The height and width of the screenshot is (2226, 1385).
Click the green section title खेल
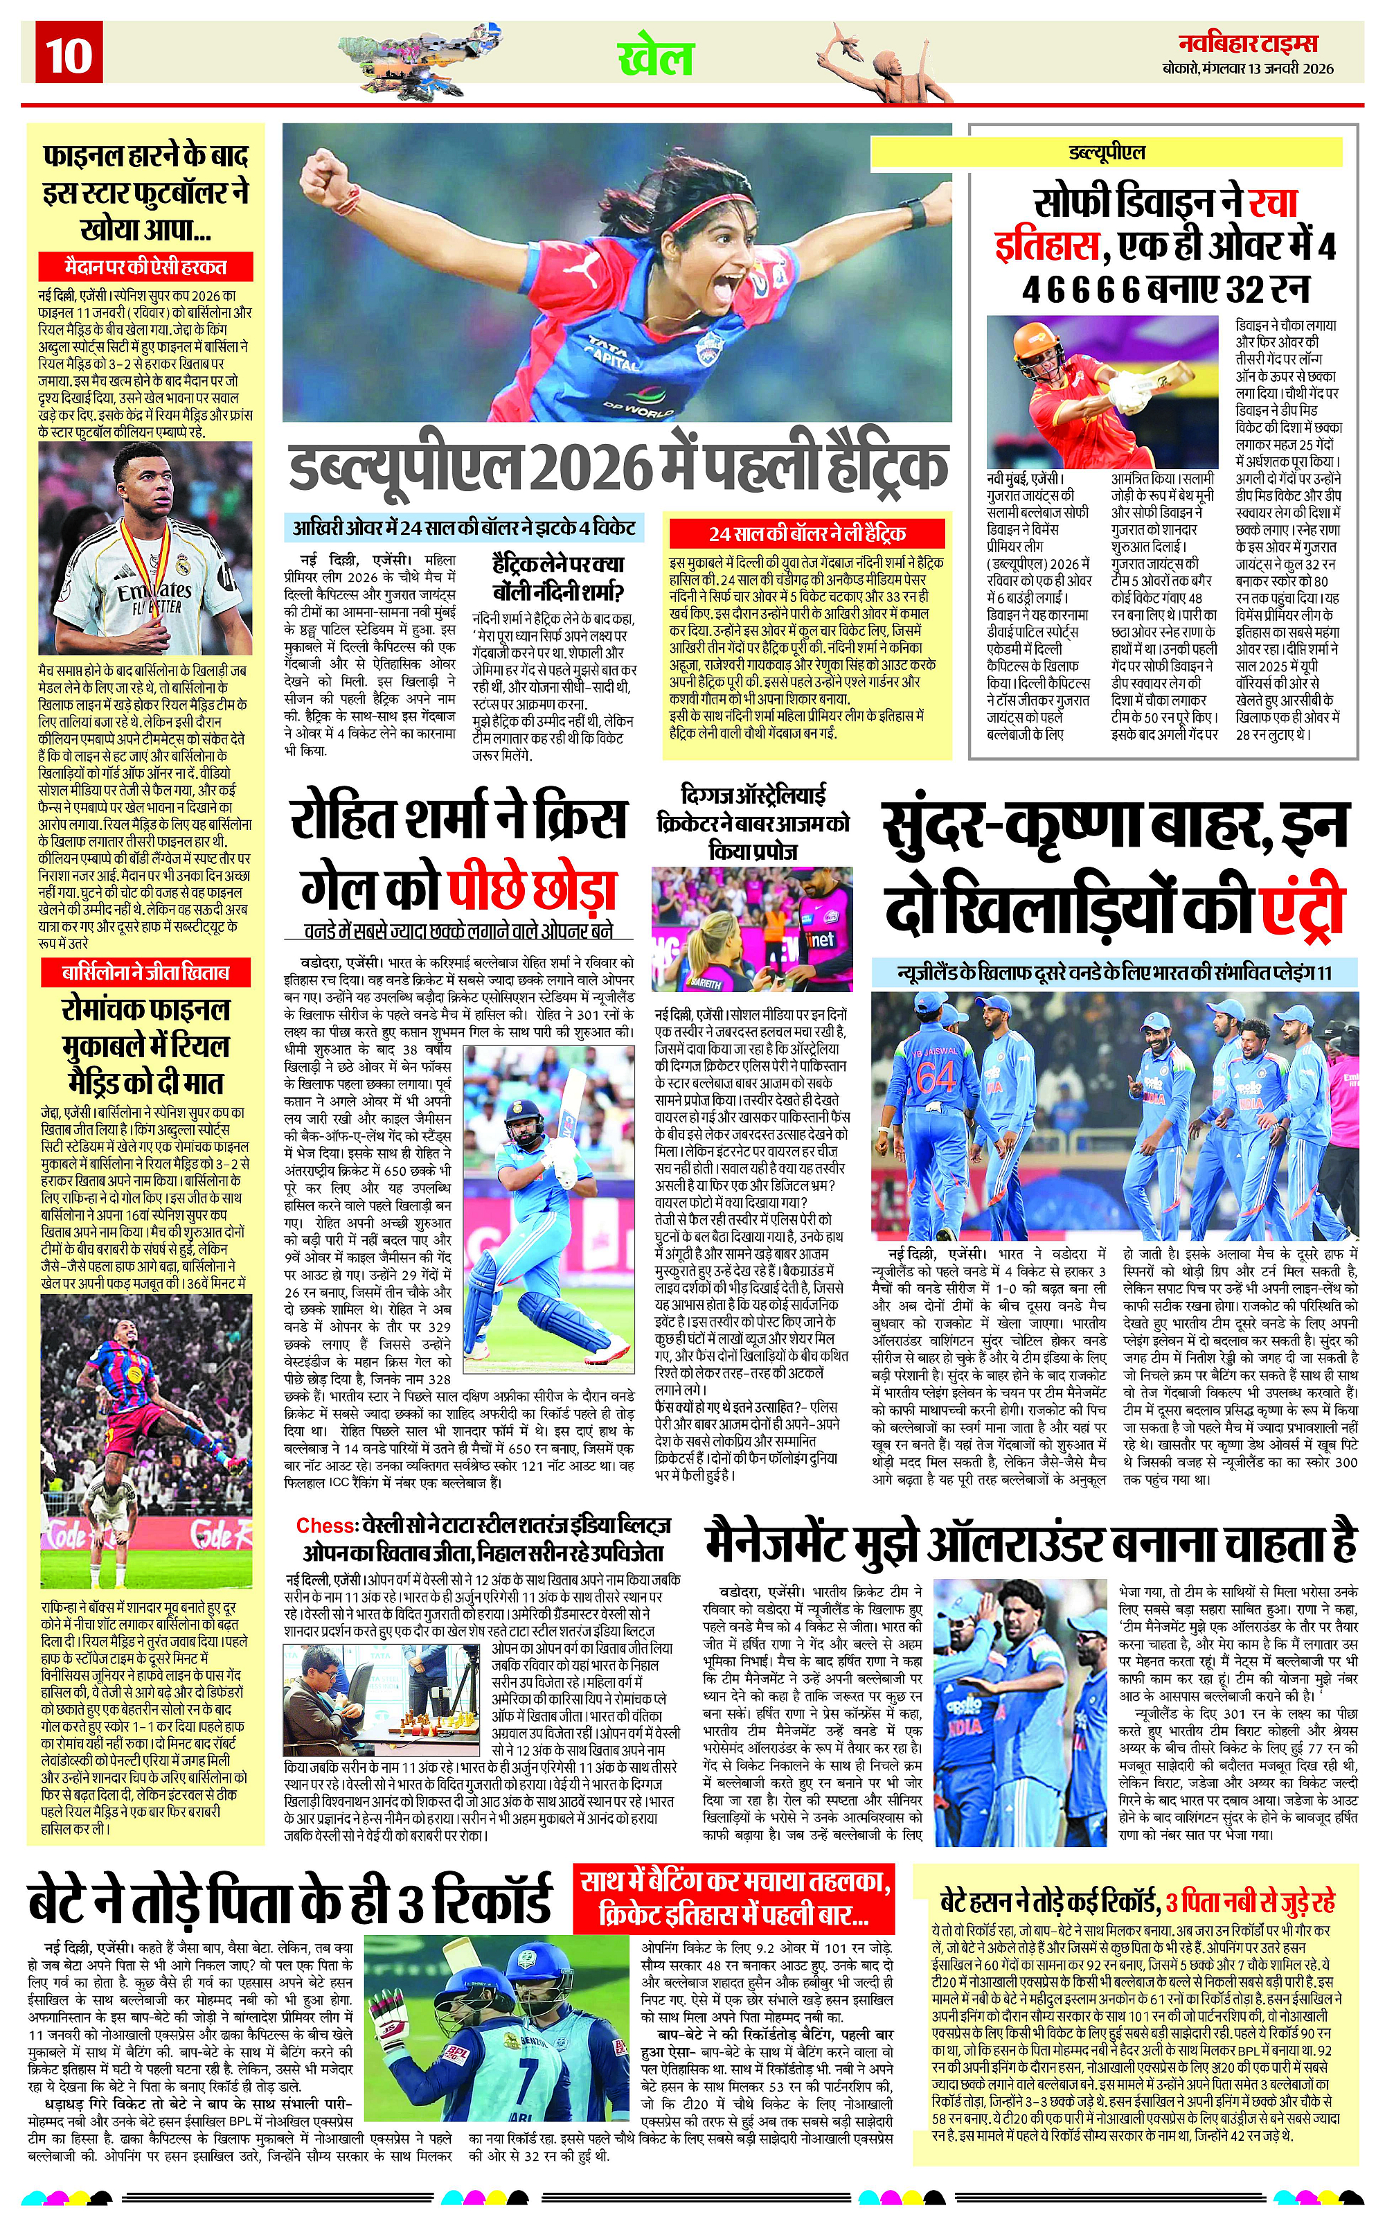[656, 58]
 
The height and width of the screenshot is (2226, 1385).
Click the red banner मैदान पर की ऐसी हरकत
[145, 267]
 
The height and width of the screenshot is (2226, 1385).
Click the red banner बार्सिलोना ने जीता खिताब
[145, 971]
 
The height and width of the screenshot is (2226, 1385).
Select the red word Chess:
[325, 1525]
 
